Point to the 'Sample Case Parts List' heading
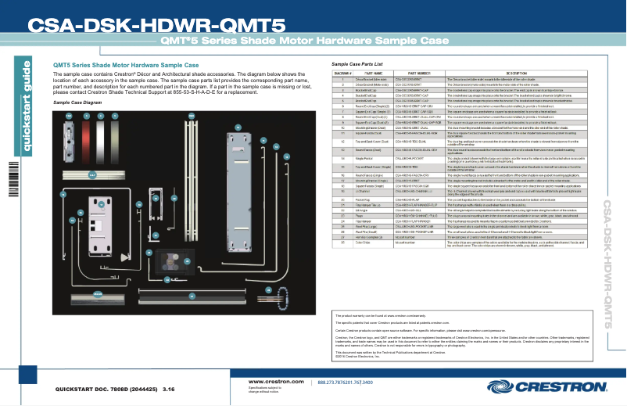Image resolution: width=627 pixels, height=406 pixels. [356, 63]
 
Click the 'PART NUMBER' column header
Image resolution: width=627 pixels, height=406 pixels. [414, 73]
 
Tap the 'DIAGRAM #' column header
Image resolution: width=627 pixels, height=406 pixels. [343, 73]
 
